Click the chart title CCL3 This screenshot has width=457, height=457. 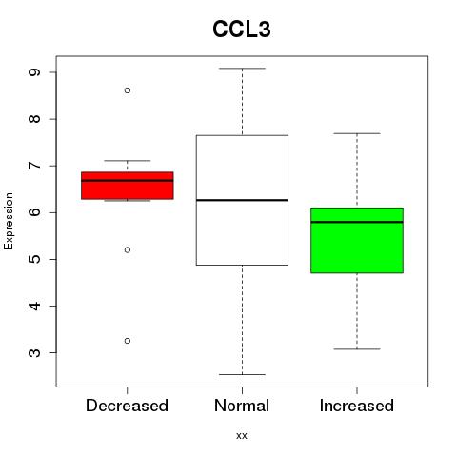[x=242, y=30]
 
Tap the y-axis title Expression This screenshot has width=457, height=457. [x=9, y=221]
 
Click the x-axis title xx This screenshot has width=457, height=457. [x=242, y=435]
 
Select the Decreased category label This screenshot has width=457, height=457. [x=127, y=406]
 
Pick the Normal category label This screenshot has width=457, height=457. [x=242, y=406]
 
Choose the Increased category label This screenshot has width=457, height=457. [x=357, y=406]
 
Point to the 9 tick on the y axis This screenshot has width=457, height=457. [x=34, y=72]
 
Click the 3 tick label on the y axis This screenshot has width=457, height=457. [x=34, y=352]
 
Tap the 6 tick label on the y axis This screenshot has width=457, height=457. [x=34, y=212]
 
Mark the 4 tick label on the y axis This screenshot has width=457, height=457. [x=34, y=306]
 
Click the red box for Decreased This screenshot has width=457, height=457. [x=128, y=186]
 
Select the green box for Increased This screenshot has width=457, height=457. [x=357, y=240]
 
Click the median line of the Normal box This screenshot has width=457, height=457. [x=242, y=200]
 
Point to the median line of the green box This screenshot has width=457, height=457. [x=357, y=222]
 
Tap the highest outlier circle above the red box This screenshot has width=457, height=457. [x=128, y=90]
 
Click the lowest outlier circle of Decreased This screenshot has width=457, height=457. [x=128, y=341]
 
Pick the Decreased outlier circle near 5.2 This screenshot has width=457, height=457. [x=128, y=250]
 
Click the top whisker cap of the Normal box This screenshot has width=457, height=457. [x=242, y=69]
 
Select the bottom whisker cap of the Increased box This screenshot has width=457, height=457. [x=357, y=349]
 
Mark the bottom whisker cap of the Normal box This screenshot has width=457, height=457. [x=242, y=374]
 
